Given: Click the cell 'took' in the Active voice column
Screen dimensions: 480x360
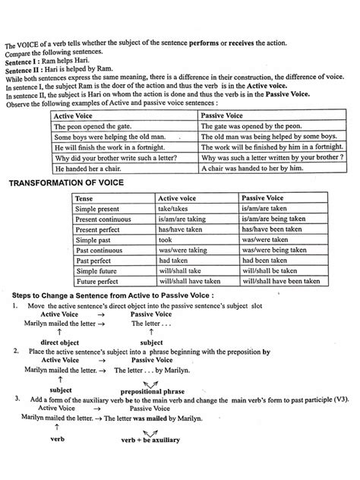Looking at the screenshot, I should [166, 238].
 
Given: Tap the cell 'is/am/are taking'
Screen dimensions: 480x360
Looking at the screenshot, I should [182, 218].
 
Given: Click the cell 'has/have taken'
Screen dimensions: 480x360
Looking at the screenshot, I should [178, 229].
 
